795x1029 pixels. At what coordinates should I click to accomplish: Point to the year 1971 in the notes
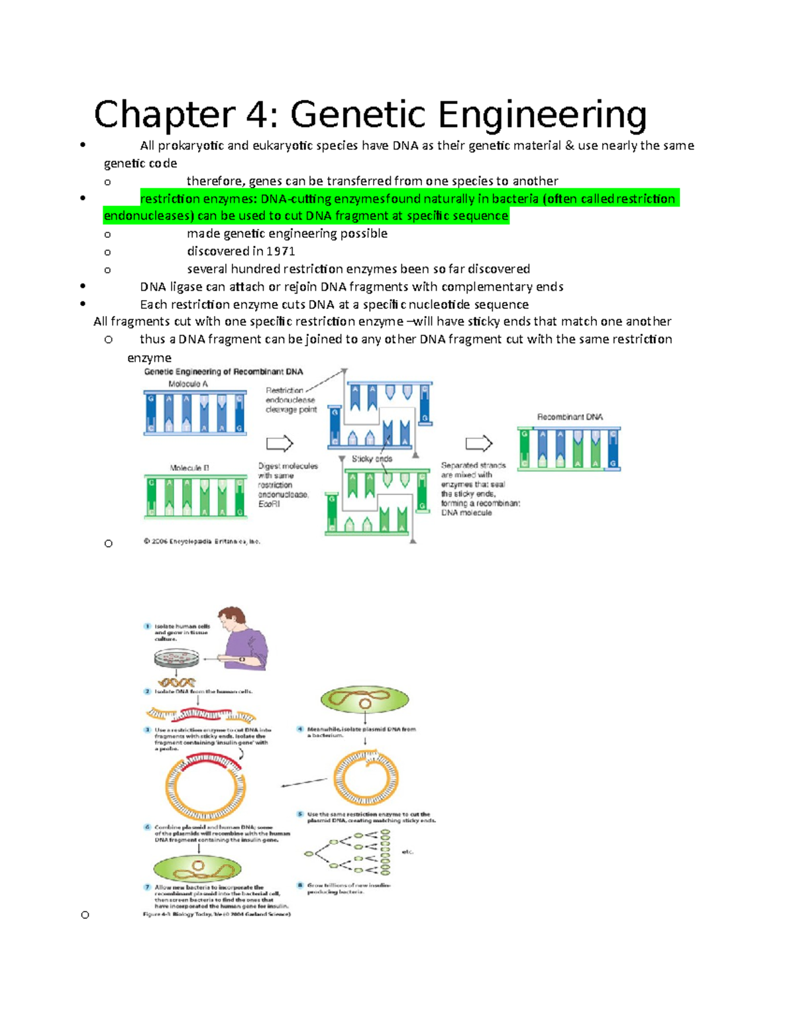click(x=281, y=251)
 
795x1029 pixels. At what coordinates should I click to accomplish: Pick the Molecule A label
click(x=188, y=384)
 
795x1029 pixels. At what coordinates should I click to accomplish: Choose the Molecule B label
click(x=189, y=468)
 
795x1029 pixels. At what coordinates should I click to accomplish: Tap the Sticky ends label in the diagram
click(x=372, y=459)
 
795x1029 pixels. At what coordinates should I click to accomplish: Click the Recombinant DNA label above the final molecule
click(x=570, y=417)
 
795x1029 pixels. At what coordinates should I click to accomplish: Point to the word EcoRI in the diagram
click(x=269, y=504)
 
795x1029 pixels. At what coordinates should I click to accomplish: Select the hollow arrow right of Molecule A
click(x=280, y=443)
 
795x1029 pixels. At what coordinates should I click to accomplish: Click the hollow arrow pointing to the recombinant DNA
click(x=479, y=443)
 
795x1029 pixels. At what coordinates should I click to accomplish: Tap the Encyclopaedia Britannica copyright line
click(x=202, y=541)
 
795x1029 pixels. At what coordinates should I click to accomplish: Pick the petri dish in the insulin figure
click(x=176, y=658)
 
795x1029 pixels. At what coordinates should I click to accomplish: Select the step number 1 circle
click(x=148, y=626)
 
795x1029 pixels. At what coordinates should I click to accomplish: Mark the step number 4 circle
click(x=300, y=730)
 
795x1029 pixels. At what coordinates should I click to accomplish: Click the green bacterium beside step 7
click(x=197, y=869)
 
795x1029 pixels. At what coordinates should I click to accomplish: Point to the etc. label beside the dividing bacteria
click(x=407, y=852)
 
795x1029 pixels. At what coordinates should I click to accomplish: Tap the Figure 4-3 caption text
click(x=217, y=914)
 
